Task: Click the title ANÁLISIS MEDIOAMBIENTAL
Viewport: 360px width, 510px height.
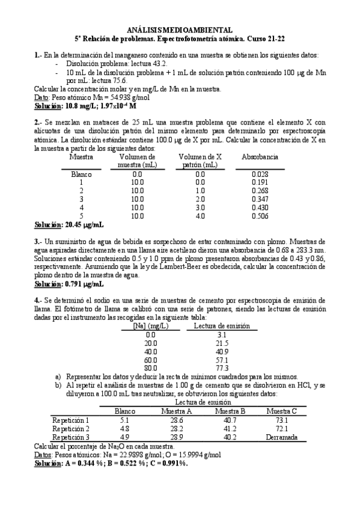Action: pos(180,29)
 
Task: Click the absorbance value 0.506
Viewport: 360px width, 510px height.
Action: pos(259,216)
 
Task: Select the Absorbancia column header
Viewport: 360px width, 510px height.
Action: pos(259,156)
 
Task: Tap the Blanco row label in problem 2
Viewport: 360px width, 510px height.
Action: pos(81,174)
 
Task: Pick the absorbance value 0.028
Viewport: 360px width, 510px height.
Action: pos(259,174)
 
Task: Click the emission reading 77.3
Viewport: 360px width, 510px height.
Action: pos(222,367)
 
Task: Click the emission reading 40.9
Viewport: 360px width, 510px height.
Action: pos(222,351)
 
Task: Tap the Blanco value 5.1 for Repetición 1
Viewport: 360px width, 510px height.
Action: pos(125,420)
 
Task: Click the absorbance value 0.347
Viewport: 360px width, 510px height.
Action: pos(259,199)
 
